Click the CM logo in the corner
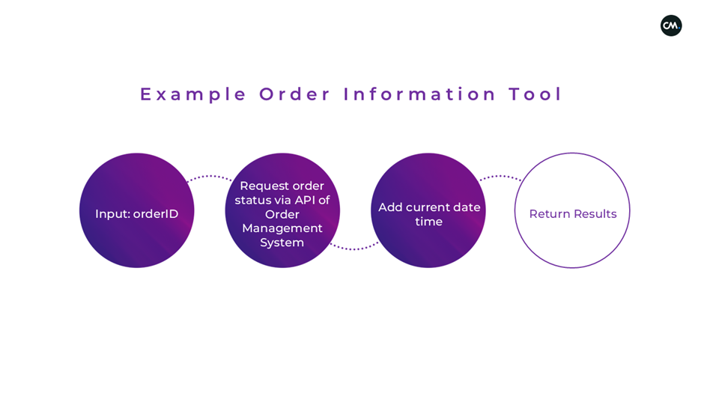coord(671,25)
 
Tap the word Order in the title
coord(295,94)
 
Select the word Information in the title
coord(420,94)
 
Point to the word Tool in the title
coord(535,94)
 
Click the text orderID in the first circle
coord(156,214)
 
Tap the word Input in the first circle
coord(112,214)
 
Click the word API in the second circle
coord(305,200)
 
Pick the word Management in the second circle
coord(282,228)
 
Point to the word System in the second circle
coord(282,243)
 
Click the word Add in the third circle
coord(390,207)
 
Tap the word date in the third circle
coord(467,207)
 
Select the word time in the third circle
coord(429,222)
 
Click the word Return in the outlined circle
coord(549,214)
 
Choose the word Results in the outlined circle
coord(596,214)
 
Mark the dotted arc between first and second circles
coord(210,177)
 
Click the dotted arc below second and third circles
coord(354,248)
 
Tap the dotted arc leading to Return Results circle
coord(500,177)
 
